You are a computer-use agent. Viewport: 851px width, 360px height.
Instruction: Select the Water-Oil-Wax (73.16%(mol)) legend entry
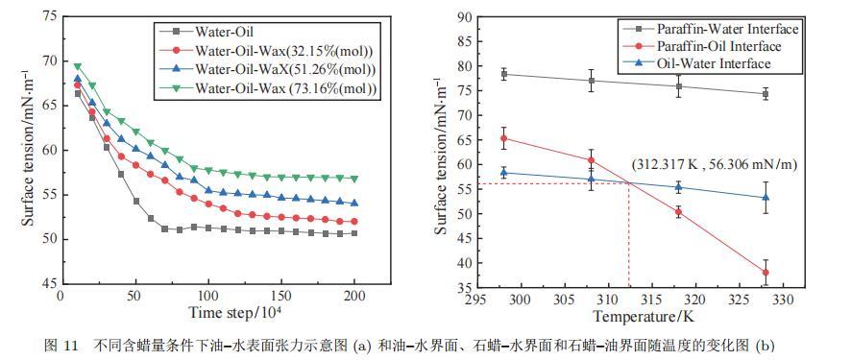pos(270,87)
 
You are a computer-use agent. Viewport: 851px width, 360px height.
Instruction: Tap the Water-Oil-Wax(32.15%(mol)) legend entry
pos(269,50)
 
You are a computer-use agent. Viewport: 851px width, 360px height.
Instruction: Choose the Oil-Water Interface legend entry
pos(697,63)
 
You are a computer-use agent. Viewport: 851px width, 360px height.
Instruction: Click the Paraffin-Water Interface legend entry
pos(711,28)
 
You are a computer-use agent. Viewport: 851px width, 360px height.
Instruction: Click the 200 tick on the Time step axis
pos(354,296)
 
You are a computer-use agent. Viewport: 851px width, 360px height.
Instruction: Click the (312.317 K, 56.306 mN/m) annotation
pos(714,165)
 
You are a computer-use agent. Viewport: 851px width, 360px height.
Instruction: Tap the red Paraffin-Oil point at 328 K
pos(766,273)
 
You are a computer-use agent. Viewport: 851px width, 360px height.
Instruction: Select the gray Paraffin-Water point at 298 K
pos(503,74)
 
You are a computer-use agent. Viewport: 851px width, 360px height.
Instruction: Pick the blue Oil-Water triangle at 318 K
pos(678,187)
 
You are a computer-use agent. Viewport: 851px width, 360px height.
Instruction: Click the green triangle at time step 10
pos(78,66)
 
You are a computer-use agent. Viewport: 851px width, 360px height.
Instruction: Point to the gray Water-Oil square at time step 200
pos(354,233)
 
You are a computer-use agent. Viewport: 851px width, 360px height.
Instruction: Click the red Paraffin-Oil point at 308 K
pos(591,160)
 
